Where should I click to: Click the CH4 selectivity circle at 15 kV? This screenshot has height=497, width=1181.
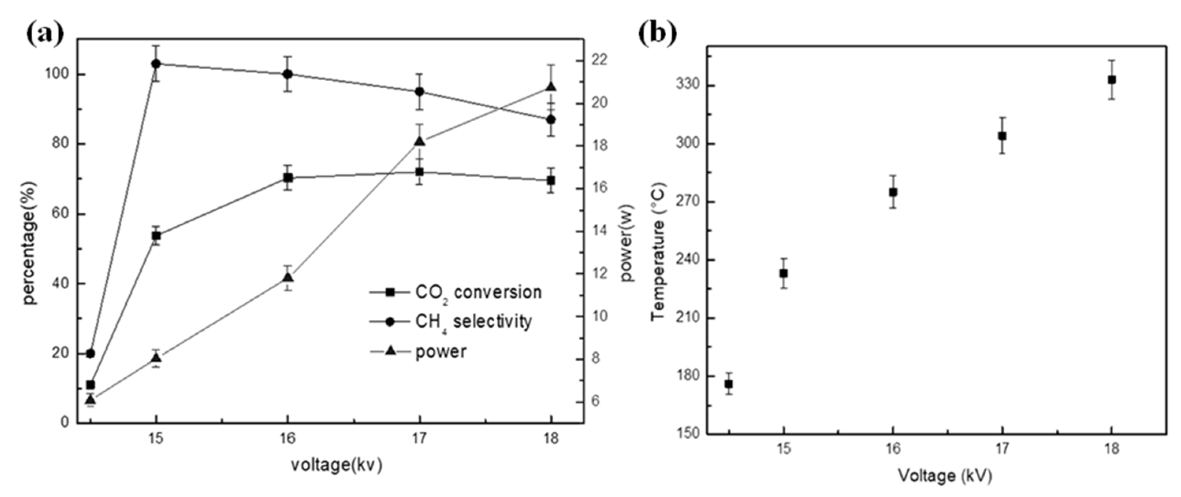tap(156, 64)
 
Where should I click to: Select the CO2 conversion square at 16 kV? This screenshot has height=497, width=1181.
tap(287, 178)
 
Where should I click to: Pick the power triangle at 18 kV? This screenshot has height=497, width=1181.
tap(551, 87)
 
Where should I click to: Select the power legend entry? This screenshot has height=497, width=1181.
tap(440, 352)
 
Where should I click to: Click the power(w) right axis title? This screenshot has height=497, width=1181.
tap(626, 243)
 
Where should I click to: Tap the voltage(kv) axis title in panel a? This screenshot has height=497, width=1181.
tap(337, 465)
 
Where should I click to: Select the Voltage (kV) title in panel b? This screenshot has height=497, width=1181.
tap(944, 475)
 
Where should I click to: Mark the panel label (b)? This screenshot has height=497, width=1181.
tap(658, 33)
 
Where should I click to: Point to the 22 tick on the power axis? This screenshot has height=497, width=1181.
tap(600, 60)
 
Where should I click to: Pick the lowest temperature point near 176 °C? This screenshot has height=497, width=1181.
tap(728, 384)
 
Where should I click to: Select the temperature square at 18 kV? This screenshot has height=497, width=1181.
tap(1111, 80)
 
